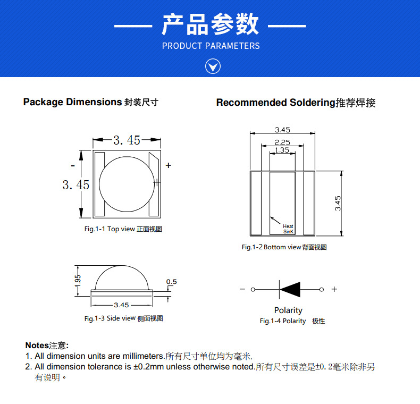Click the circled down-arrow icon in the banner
(213, 66)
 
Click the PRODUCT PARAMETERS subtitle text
(211, 46)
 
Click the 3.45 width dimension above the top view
(127, 140)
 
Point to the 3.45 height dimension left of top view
(75, 184)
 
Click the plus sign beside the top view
(169, 165)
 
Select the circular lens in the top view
(128, 183)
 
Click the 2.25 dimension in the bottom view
(282, 142)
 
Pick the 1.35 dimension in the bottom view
(282, 150)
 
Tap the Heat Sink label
(288, 229)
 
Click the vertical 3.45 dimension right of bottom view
(338, 203)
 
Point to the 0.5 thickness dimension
(171, 282)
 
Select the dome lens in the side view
(123, 278)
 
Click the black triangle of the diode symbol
(291, 289)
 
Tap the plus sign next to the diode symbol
(334, 289)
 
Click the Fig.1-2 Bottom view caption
(284, 247)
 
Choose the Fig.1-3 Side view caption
(123, 318)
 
